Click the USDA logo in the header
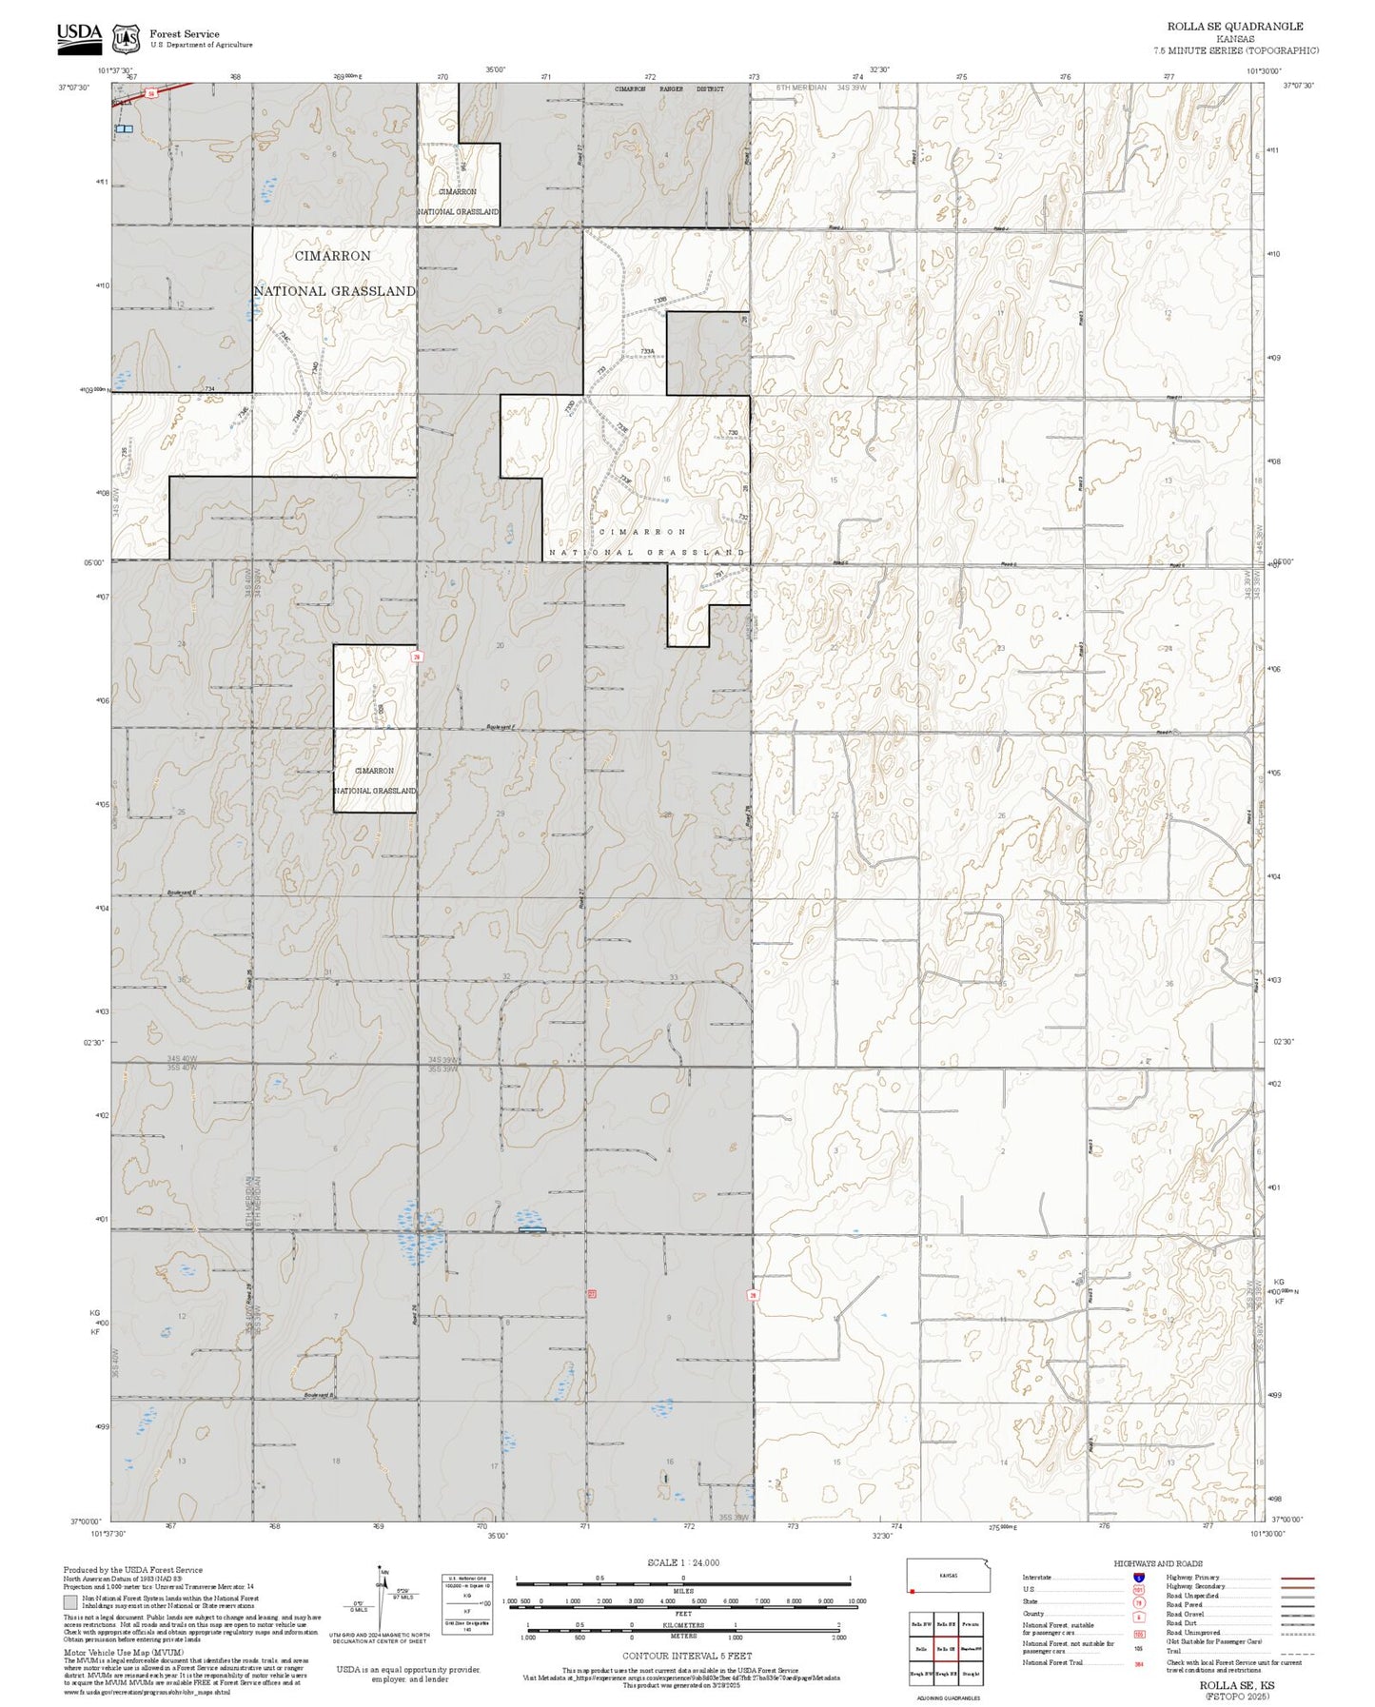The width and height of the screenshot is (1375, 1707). pyautogui.click(x=79, y=35)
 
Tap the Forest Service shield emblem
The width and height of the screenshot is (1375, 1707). pyautogui.click(x=126, y=39)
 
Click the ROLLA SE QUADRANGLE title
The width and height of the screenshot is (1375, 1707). pyautogui.click(x=1235, y=27)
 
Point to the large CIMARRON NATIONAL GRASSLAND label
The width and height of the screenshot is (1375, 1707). pyautogui.click(x=334, y=274)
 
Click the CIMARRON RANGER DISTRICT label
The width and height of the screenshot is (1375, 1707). pyautogui.click(x=669, y=89)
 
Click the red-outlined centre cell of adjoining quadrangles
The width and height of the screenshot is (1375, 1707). pyautogui.click(x=945, y=1649)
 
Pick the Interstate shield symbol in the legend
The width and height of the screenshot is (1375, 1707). pyautogui.click(x=1139, y=1578)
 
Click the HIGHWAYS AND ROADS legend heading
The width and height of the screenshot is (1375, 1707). pyautogui.click(x=1158, y=1563)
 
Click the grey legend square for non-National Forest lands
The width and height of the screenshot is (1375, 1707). pyautogui.click(x=70, y=1602)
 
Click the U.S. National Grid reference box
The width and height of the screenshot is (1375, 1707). pyautogui.click(x=467, y=1604)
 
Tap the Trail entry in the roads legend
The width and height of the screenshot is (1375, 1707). pyautogui.click(x=1174, y=1651)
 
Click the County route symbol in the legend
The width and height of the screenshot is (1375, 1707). pyautogui.click(x=1139, y=1616)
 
